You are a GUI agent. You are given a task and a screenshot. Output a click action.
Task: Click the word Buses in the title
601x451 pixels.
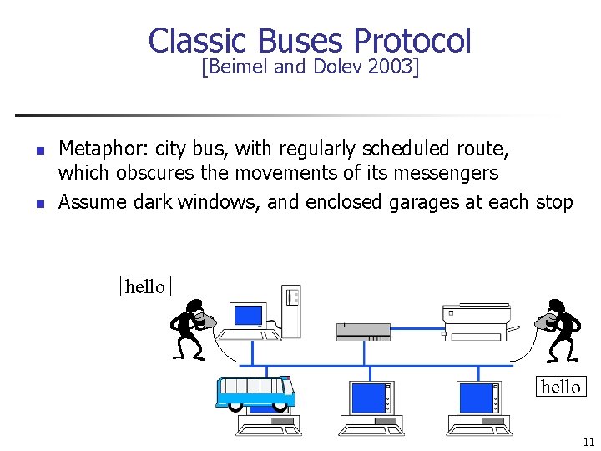click(301, 41)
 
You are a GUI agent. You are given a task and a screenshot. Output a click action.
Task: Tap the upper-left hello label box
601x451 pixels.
click(144, 286)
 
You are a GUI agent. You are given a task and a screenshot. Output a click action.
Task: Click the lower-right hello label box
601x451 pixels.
click(560, 386)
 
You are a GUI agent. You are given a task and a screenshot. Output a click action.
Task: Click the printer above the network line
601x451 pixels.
click(476, 322)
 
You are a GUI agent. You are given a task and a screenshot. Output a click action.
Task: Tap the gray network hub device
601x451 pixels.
click(363, 331)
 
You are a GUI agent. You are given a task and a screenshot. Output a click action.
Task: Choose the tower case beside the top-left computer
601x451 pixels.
click(290, 310)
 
